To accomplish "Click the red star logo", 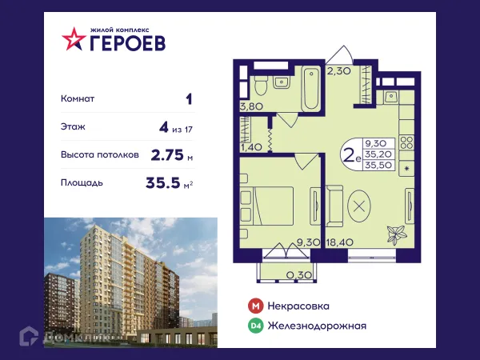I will tap(73, 39).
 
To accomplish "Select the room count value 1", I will tap(188, 100).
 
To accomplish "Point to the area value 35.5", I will tap(163, 183).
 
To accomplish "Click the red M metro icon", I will tap(255, 306).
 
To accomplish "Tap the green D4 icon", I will tap(255, 326).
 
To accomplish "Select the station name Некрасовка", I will tap(299, 306).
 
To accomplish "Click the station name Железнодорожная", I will tap(318, 326).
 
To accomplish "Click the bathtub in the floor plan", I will tap(310, 93).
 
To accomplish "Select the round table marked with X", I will tap(360, 206).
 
